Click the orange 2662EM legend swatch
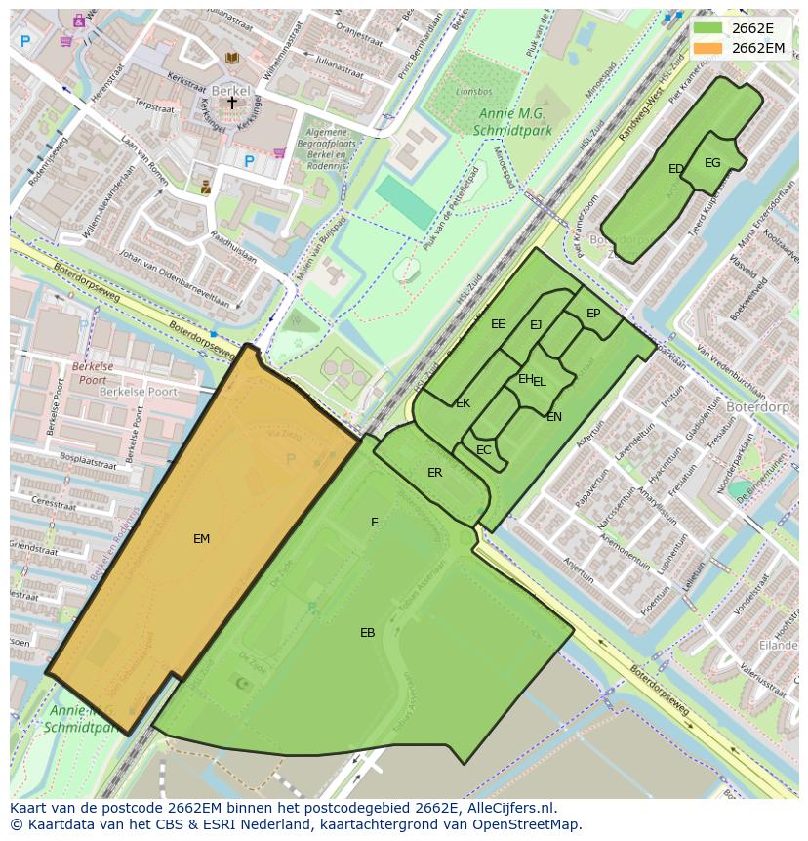coord(709,48)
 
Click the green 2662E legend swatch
coord(709,28)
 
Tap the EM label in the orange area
coord(201,538)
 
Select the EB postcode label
coord(367,633)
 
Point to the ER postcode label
coord(434,473)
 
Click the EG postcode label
coord(712,163)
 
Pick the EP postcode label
coord(593,314)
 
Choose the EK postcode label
coord(463,403)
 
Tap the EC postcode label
coord(484,450)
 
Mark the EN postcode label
coord(554,417)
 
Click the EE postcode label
coord(498,324)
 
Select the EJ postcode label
coord(536,325)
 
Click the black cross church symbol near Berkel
coord(232,102)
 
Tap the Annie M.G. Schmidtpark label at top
coord(511,122)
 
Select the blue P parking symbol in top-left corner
coord(25,41)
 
